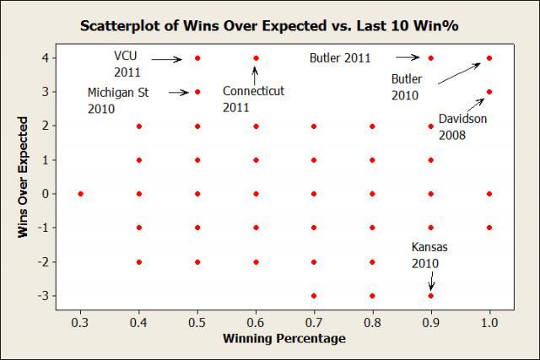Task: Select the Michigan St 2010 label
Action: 117,100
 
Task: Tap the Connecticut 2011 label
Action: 253,99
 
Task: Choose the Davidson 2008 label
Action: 462,126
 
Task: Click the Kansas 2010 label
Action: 429,255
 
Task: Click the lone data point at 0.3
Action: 80,194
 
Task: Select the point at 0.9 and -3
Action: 431,296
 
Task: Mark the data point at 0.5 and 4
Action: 197,58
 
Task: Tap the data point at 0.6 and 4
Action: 256,58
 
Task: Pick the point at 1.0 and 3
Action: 489,92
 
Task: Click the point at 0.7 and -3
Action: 314,296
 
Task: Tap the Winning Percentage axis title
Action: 284,339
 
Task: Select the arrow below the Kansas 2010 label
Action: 430,282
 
